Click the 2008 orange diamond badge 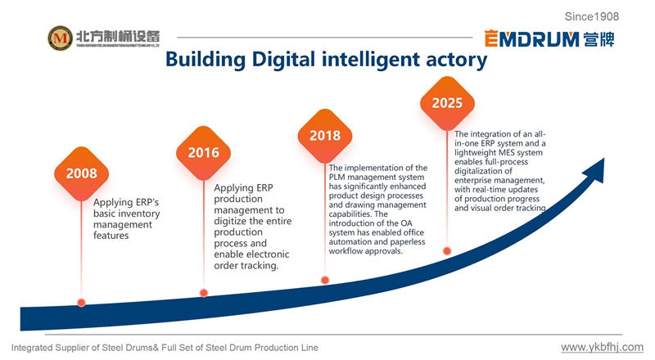tap(82, 173)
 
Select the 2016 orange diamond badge tap(203, 152)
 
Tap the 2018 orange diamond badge tap(325, 136)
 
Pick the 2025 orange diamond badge tap(447, 103)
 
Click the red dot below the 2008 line tap(81, 302)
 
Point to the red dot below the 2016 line tap(203, 292)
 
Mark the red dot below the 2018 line tap(325, 280)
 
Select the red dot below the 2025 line tap(447, 251)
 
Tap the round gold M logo tap(59, 38)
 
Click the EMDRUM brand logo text tap(531, 38)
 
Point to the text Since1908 tap(592, 16)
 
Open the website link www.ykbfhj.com tap(602, 348)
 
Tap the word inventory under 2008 tap(137, 214)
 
